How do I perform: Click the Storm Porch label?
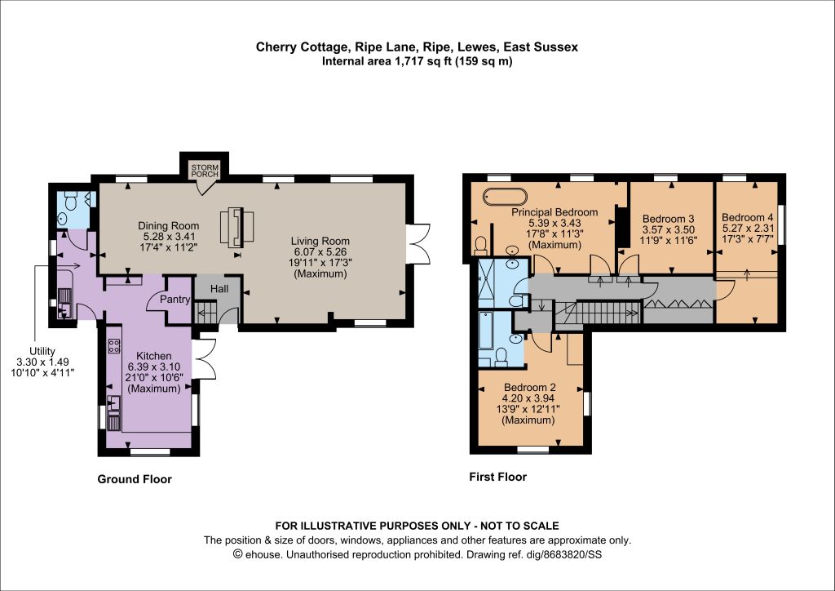pyautogui.click(x=205, y=171)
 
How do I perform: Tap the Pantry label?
pyautogui.click(x=175, y=300)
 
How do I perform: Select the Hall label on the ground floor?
pyautogui.click(x=219, y=289)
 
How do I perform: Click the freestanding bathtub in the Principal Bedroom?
pyautogui.click(x=505, y=196)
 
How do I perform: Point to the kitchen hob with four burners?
pyautogui.click(x=114, y=346)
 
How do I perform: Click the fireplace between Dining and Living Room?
pyautogui.click(x=237, y=227)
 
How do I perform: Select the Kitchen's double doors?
pyautogui.click(x=203, y=359)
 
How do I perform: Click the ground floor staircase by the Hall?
pyautogui.click(x=206, y=312)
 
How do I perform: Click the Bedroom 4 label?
pyautogui.click(x=748, y=217)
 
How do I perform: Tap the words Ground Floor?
pyautogui.click(x=135, y=479)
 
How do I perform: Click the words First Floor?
pyautogui.click(x=498, y=477)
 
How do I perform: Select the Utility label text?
pyautogui.click(x=42, y=351)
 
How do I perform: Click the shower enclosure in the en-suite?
pyautogui.click(x=486, y=284)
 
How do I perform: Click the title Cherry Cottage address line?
pyautogui.click(x=417, y=47)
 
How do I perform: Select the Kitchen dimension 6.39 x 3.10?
pyautogui.click(x=154, y=367)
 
